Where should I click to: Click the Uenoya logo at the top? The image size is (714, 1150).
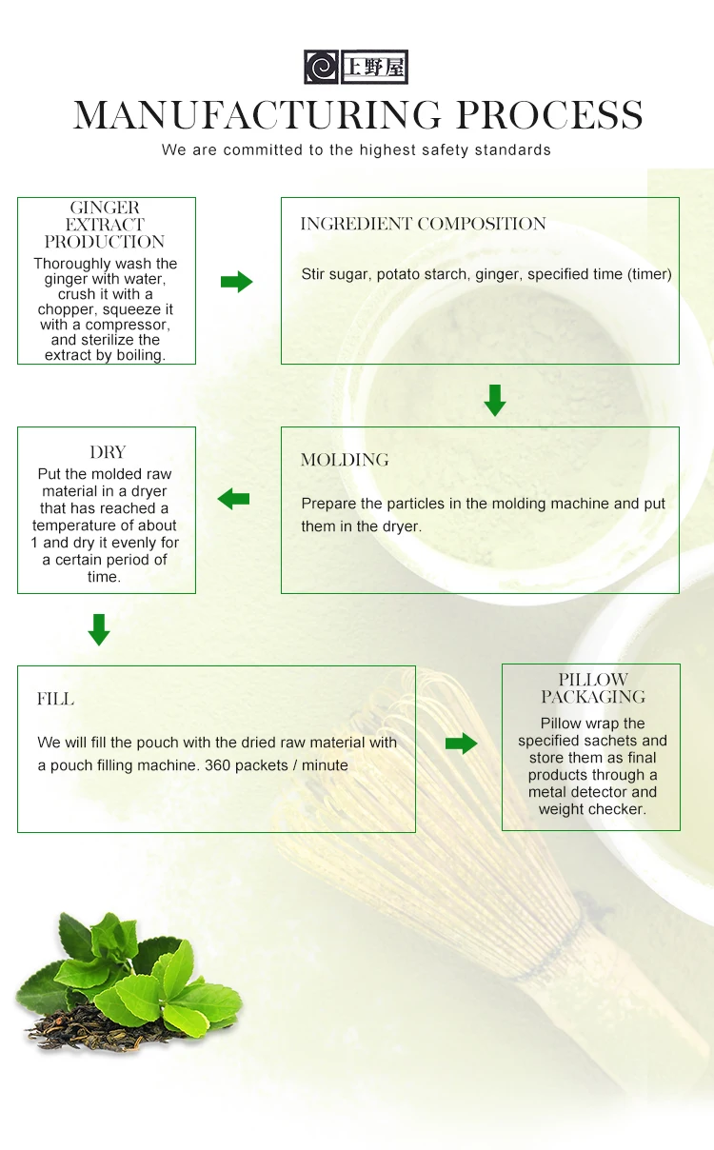coord(355,68)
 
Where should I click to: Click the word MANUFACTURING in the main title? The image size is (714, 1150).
coord(257,115)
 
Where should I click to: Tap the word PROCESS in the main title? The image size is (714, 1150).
coord(549,115)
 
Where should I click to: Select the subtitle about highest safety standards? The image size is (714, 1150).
coord(356,150)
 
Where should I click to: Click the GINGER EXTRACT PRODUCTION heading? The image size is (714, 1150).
coord(105,225)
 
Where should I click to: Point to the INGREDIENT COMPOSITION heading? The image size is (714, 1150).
coord(423,225)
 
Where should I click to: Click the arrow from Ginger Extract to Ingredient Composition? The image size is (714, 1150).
coord(237,282)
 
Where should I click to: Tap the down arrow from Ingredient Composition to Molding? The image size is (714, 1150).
coord(494,400)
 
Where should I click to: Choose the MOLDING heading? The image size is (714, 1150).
coord(345,461)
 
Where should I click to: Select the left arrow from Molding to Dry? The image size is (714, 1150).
coord(233,499)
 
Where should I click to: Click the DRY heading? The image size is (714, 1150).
coord(108,452)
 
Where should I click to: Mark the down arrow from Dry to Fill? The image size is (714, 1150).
coord(99,629)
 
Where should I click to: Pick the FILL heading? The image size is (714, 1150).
coord(55,700)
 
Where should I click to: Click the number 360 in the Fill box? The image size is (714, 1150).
coord(217,765)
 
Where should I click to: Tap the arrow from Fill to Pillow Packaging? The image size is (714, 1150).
coord(461,744)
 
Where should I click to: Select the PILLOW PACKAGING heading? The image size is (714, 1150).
coord(593,688)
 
